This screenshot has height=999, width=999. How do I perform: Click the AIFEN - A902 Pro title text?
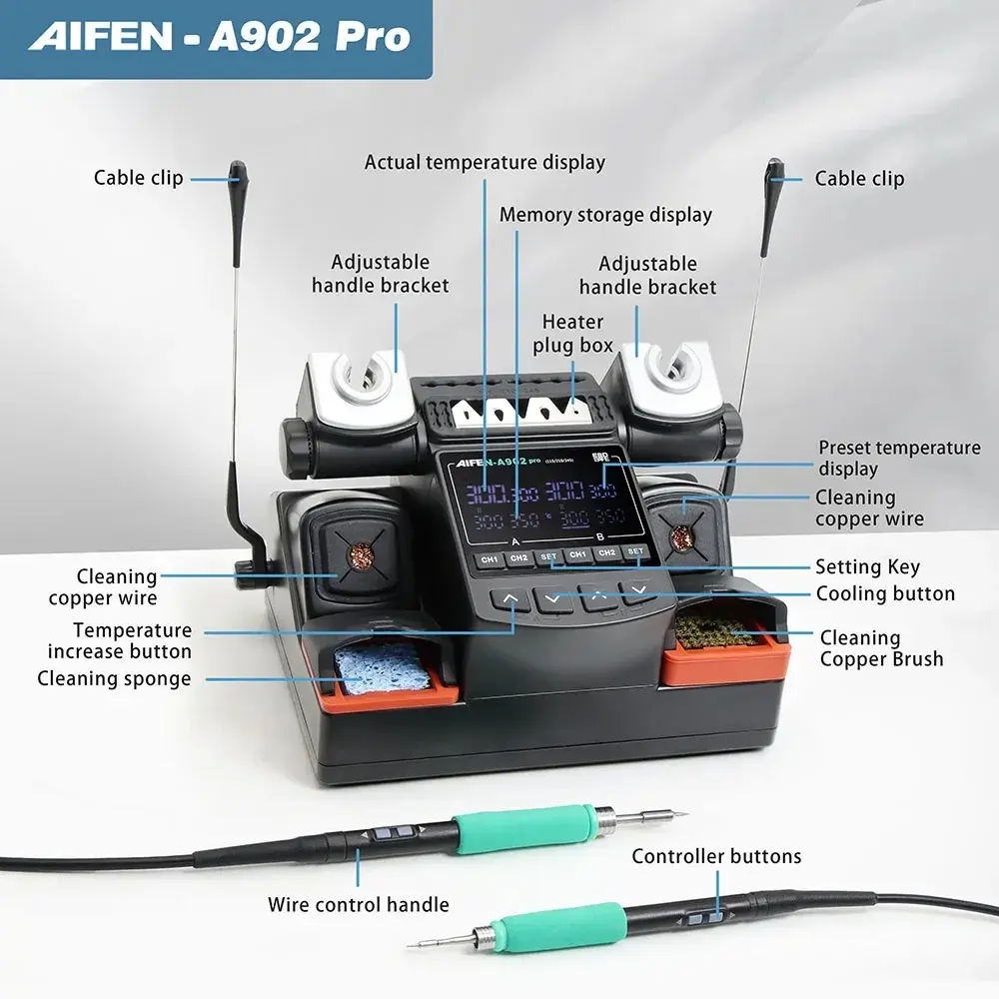pos(219,37)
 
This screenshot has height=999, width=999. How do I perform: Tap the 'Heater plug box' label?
pos(572,334)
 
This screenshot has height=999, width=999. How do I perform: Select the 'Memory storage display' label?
pos(605,215)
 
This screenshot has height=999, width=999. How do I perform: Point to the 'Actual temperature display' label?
pos(485,162)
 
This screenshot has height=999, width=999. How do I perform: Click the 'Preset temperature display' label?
pos(899,458)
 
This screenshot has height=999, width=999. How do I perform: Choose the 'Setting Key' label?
pos(867,566)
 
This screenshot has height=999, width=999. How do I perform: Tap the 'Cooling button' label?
pos(885,593)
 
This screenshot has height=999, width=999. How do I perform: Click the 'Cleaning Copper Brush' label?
pos(881,647)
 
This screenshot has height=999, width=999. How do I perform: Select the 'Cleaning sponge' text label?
pos(114,679)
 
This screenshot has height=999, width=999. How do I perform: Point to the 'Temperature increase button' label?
pos(119,640)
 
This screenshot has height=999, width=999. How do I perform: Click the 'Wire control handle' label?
pos(358,905)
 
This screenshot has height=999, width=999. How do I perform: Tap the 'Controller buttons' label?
pos(716,856)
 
